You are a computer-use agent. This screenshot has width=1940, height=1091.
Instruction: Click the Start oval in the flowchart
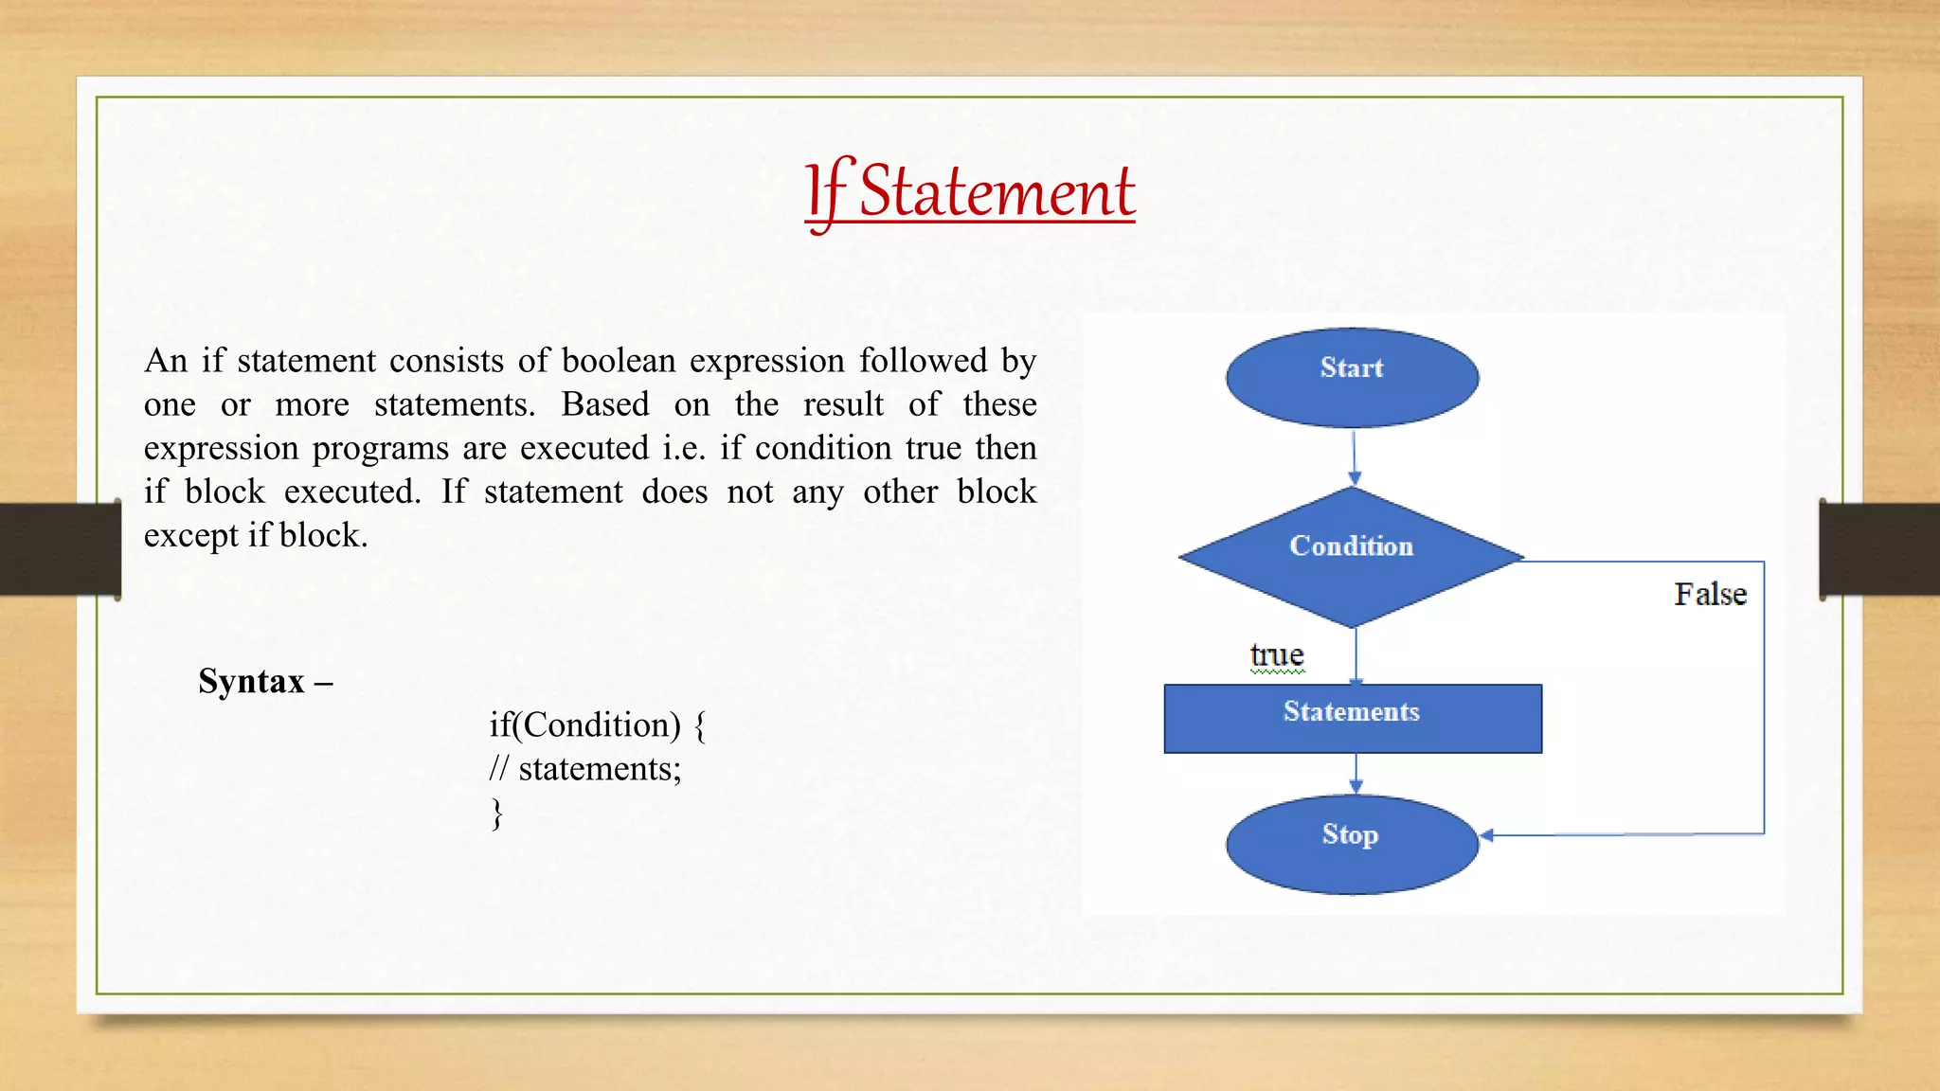pos(1352,377)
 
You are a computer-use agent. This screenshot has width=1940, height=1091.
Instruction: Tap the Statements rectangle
pos(1352,718)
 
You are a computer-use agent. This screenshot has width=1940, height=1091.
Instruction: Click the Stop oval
pos(1352,844)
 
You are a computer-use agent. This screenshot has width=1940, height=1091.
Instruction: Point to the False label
pos(1710,594)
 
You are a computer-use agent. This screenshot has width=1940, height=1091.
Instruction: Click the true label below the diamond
pos(1277,654)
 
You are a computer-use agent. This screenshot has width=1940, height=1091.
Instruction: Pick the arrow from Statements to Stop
pos(1356,774)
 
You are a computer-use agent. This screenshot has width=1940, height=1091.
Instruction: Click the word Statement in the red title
pos(997,191)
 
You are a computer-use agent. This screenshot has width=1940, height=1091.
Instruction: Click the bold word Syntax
pos(251,681)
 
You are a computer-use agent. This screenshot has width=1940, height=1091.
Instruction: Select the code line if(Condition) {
pos(597,724)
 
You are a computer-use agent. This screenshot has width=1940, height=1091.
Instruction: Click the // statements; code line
pos(584,768)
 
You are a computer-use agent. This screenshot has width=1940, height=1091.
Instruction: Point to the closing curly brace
pos(496,813)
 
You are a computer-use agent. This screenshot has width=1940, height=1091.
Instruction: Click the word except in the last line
pos(191,536)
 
